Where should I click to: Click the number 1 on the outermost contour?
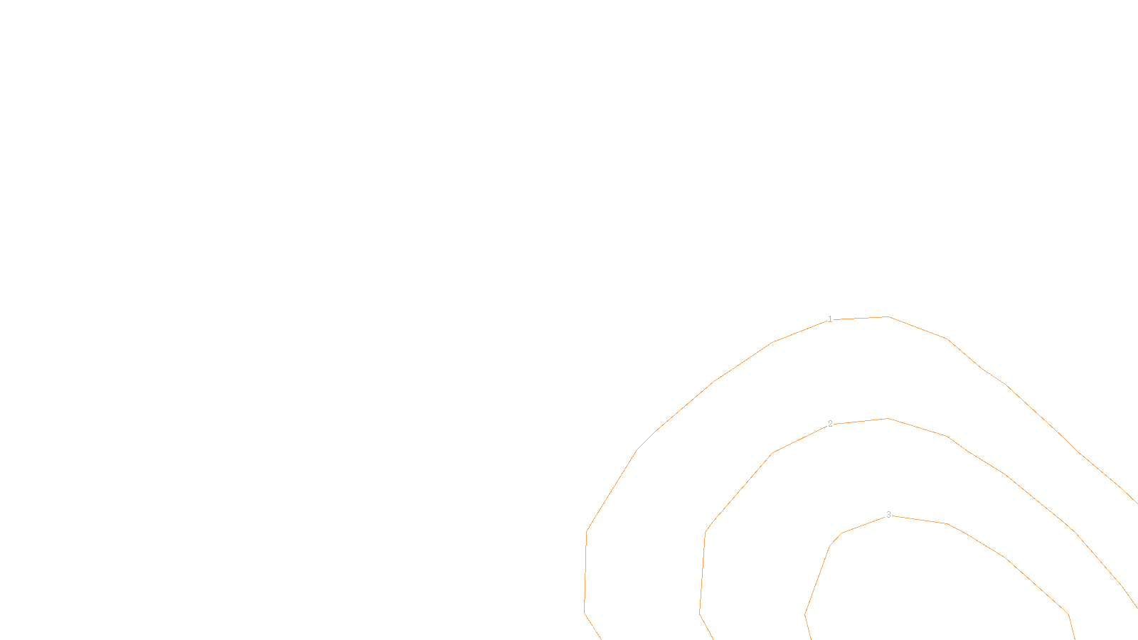pos(830,319)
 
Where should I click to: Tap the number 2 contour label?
pos(830,424)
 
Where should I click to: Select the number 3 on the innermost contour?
pos(888,515)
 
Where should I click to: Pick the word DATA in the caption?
pos(602,629)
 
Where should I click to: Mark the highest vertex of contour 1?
pos(888,316)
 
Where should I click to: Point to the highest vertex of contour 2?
pos(888,418)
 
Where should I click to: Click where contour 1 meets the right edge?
pos(1137,503)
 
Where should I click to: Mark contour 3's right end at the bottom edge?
pos(1074,638)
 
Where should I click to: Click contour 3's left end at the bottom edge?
pos(811,638)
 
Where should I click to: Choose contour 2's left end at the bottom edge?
pos(712,638)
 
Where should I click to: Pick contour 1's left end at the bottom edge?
pos(600,638)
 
